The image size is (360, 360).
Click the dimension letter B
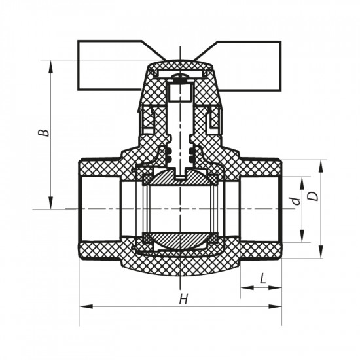pos(43,132)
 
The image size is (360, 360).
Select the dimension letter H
pos(184,299)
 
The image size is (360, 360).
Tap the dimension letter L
pos(262,278)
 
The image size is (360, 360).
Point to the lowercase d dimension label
pos(295,200)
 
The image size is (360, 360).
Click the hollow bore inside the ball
pos(179,209)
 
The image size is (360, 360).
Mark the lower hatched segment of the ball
pos(179,240)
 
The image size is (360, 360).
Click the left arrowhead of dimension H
pos(83,306)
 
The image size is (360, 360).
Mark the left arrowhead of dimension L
pos(243,287)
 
